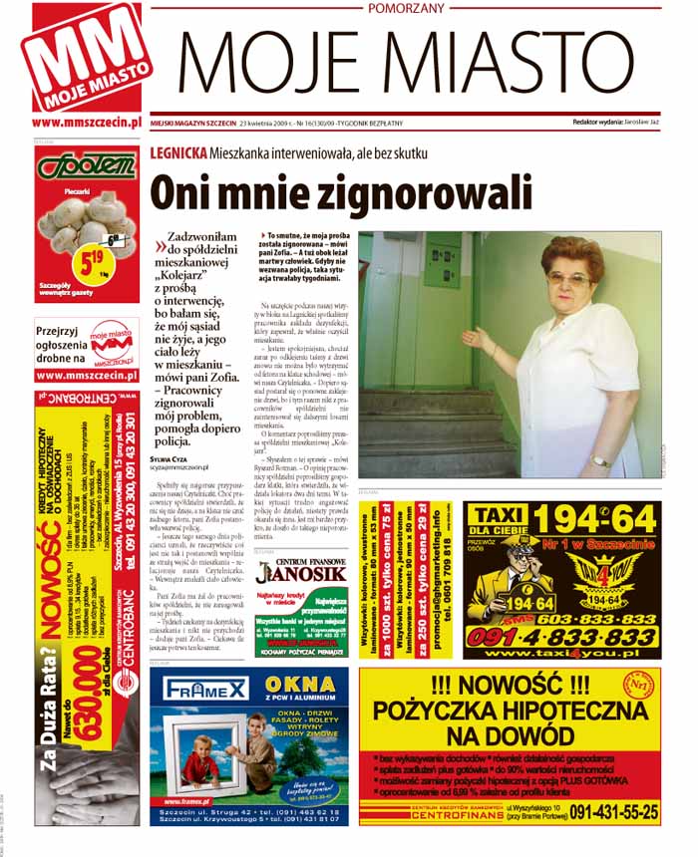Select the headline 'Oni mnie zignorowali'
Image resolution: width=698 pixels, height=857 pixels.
coord(340,192)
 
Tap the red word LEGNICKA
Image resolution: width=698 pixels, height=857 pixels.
coord(178,153)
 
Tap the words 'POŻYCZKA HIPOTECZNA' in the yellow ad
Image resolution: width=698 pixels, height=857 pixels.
coord(509,713)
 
